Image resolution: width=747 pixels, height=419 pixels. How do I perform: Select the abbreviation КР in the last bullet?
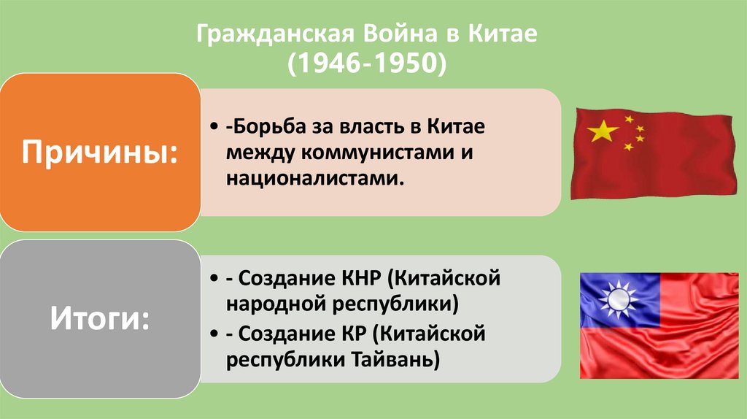pyautogui.click(x=350, y=334)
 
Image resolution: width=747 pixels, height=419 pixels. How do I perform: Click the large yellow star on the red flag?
pyautogui.click(x=603, y=131)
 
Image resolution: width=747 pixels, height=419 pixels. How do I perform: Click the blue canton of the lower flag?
pyautogui.click(x=620, y=299)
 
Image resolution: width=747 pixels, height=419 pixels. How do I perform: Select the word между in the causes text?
pyautogui.click(x=258, y=153)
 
